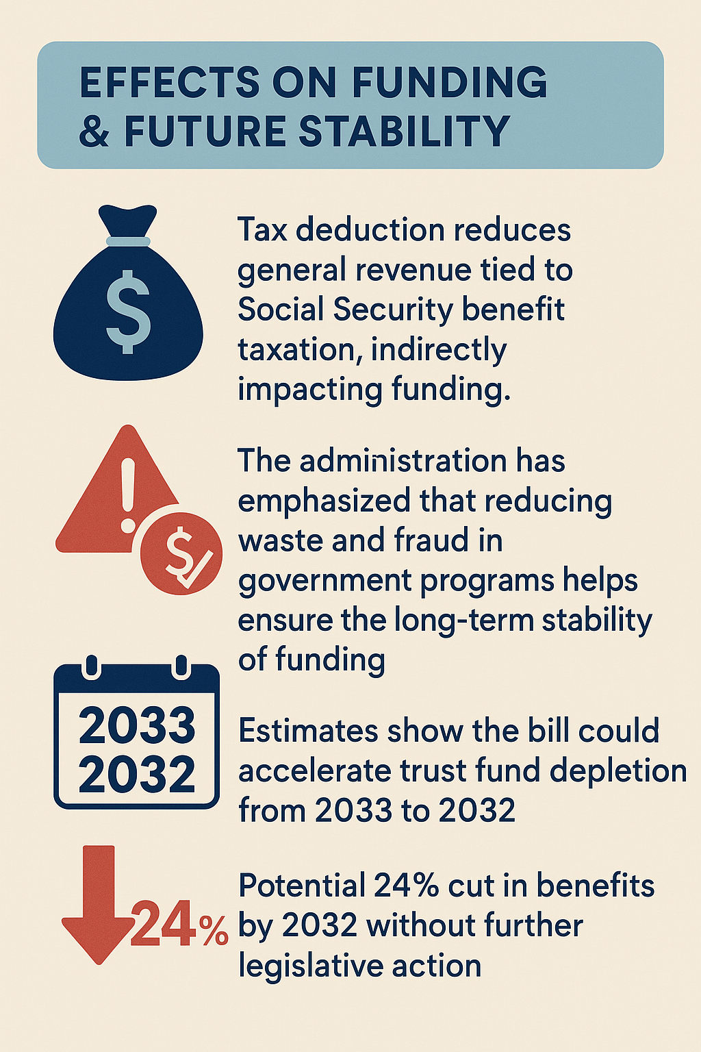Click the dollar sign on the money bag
pos(128,312)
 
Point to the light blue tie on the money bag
pos(128,241)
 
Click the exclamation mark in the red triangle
pos(127,495)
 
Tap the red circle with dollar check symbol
pos(181,553)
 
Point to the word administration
pos(403,461)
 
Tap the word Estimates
pos(308,731)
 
